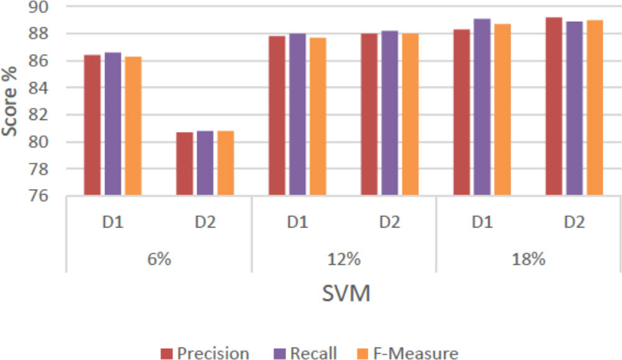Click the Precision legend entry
click(205, 353)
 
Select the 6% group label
click(159, 258)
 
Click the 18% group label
click(528, 258)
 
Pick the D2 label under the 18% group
click(574, 222)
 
